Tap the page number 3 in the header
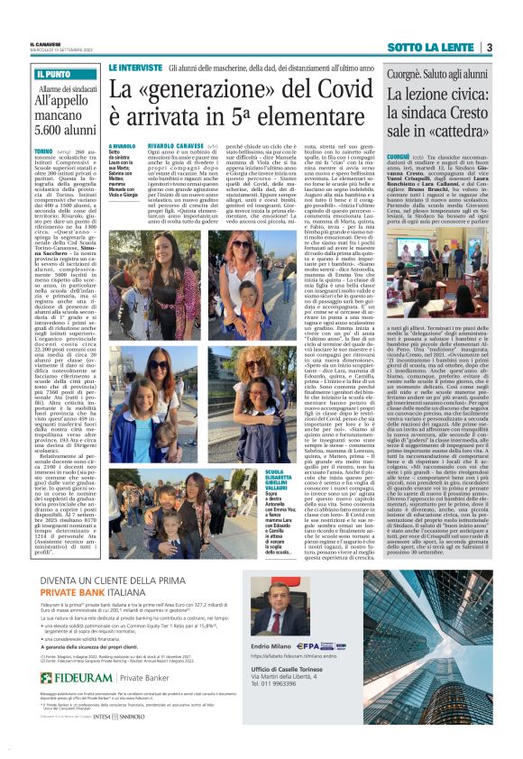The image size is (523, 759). tap(488, 47)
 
